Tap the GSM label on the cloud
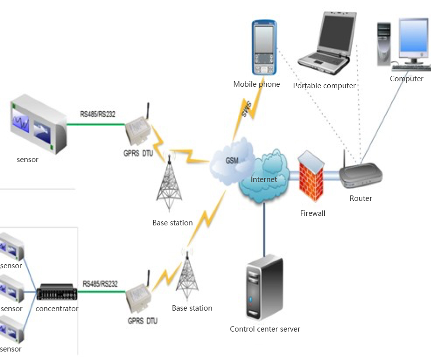pyautogui.click(x=231, y=161)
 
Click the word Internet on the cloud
pyautogui.click(x=264, y=180)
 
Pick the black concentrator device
pyautogui.click(x=57, y=292)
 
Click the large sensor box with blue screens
pyautogui.click(x=38, y=125)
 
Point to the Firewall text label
pyautogui.click(x=313, y=213)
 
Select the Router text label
pyautogui.click(x=361, y=198)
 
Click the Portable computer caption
pyautogui.click(x=324, y=86)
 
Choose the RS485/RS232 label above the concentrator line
pyautogui.click(x=100, y=284)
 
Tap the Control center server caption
pyautogui.click(x=265, y=329)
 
